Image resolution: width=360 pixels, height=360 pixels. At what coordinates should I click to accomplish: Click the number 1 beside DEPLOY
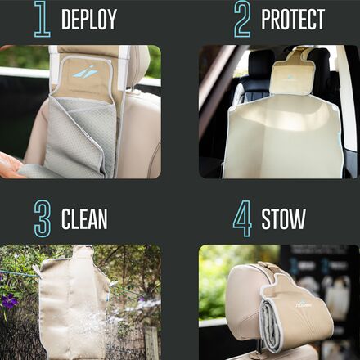(x=42, y=20)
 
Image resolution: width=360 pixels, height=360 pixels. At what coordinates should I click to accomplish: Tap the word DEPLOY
(x=89, y=20)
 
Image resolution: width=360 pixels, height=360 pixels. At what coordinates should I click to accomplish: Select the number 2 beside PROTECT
(x=241, y=20)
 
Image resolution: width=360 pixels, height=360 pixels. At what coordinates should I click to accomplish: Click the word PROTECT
(x=293, y=20)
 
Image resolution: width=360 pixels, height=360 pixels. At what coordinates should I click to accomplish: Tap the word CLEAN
(x=84, y=219)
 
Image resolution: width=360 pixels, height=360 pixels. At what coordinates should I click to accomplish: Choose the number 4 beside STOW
(x=242, y=218)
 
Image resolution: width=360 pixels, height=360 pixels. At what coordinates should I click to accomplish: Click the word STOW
(x=283, y=219)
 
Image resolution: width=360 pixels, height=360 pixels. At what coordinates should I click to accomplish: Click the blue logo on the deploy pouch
(x=84, y=72)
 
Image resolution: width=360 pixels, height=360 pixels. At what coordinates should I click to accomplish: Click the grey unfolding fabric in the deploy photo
(x=78, y=139)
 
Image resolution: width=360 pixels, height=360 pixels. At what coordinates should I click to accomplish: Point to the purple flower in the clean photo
(x=10, y=302)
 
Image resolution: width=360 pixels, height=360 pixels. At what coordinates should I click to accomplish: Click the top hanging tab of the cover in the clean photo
(x=81, y=252)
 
